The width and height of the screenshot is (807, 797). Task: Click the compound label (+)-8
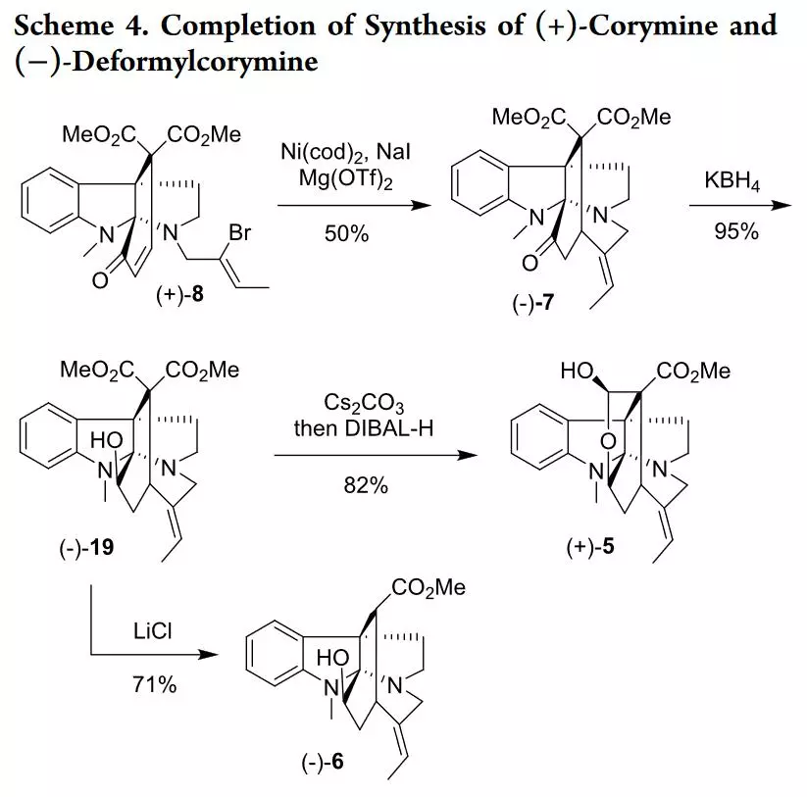[180, 295]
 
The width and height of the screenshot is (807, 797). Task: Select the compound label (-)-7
[533, 303]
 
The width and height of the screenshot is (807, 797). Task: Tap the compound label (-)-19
[86, 547]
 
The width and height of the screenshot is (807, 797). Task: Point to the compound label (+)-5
[590, 546]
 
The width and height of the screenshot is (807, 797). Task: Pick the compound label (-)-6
[323, 762]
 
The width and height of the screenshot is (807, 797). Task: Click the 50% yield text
[346, 234]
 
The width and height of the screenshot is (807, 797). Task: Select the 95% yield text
[736, 231]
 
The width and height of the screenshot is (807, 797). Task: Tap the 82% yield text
[366, 485]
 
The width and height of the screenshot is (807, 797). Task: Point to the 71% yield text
[154, 685]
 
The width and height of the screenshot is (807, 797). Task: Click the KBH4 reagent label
[731, 181]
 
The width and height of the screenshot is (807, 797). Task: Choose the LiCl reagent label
[152, 631]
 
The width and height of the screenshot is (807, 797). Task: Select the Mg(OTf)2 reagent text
[346, 179]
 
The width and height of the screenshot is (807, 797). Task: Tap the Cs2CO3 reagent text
[364, 403]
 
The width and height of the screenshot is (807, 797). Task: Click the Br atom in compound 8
[239, 232]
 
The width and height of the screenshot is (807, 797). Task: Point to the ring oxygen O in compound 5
[608, 441]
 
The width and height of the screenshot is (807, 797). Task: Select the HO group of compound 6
[332, 658]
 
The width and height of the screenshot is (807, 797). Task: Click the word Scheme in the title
[64, 25]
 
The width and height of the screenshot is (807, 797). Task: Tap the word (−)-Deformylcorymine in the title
[166, 62]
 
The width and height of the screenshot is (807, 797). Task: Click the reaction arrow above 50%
[354, 206]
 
